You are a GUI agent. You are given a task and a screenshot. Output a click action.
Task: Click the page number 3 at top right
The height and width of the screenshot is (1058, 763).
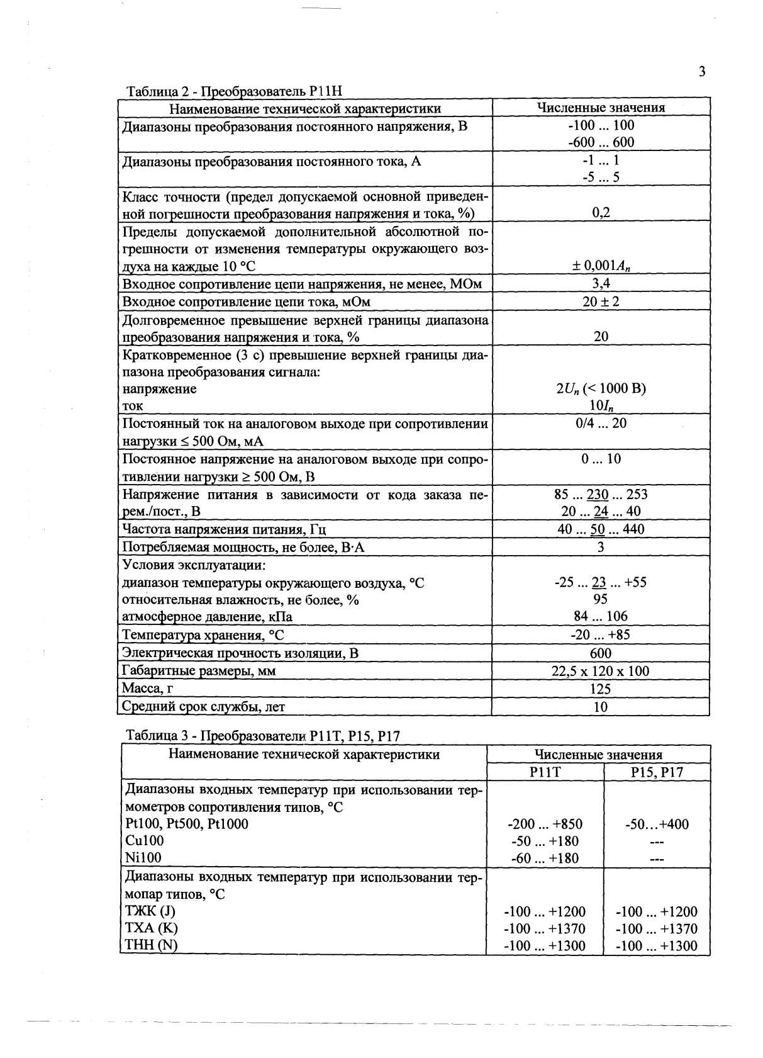click(x=702, y=71)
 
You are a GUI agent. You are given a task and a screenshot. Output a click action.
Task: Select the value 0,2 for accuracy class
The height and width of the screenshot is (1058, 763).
click(x=601, y=213)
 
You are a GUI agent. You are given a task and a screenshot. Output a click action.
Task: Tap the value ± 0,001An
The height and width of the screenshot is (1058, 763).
click(x=601, y=267)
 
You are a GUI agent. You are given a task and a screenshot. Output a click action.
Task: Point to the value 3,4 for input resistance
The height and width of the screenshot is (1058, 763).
click(x=601, y=284)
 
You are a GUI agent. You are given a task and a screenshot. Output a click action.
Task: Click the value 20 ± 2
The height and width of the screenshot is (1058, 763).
click(x=601, y=302)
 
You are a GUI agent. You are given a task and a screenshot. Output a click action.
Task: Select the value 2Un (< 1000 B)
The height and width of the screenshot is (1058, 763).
click(x=601, y=389)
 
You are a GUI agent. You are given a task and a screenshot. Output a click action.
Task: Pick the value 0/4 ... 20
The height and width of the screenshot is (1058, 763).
click(x=601, y=424)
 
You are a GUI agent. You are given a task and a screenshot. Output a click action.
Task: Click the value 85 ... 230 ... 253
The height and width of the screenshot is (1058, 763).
click(x=601, y=495)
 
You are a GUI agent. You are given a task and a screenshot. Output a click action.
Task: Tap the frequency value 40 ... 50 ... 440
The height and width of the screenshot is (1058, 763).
click(x=601, y=529)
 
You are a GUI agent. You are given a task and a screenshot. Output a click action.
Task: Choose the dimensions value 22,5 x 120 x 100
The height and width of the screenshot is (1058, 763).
click(x=601, y=672)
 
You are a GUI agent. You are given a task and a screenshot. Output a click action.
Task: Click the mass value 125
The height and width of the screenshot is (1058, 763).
click(x=601, y=689)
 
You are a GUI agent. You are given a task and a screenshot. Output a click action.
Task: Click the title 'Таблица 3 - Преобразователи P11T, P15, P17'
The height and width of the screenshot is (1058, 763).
click(x=263, y=736)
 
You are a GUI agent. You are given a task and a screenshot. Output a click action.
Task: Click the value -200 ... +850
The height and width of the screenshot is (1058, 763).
click(x=545, y=824)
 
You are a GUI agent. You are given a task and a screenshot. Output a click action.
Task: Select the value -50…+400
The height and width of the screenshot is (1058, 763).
click(x=657, y=824)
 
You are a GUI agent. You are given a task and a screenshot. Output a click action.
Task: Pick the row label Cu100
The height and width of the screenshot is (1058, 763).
click(x=145, y=841)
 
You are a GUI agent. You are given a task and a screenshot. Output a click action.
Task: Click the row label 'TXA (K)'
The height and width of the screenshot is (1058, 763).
click(x=152, y=928)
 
